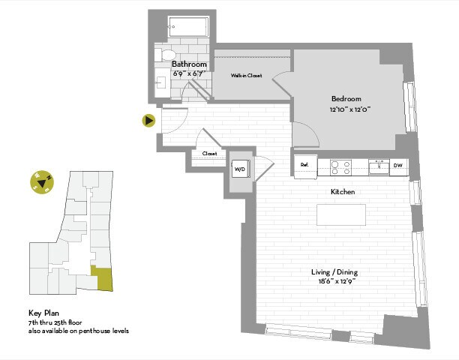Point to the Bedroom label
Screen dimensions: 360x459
346,99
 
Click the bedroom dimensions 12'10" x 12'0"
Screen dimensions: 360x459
350,109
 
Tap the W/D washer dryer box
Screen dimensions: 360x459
241,168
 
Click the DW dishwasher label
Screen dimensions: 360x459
398,166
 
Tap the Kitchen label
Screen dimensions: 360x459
343,192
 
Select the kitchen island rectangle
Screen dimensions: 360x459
341,214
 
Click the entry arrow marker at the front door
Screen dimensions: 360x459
149,120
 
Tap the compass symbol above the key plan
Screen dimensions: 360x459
41,181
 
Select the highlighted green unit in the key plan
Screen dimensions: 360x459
100,278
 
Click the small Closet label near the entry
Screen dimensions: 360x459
209,154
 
